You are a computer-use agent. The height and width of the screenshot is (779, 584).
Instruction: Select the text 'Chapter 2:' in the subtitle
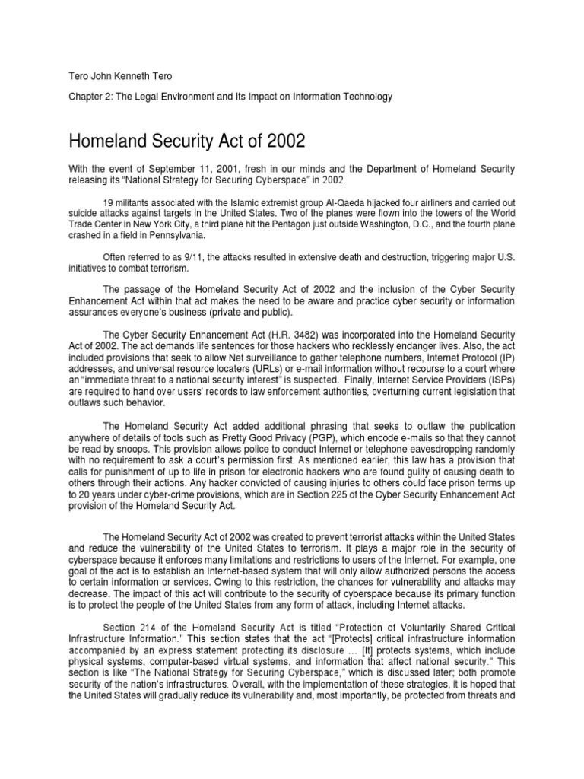[x=90, y=97]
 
